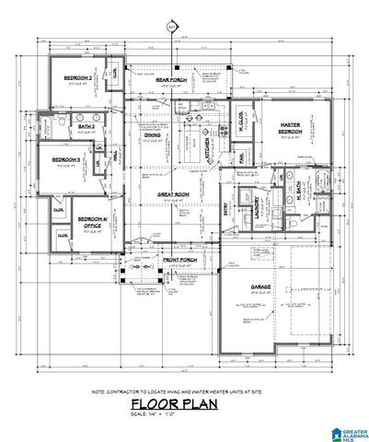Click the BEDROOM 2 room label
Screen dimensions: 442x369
76,77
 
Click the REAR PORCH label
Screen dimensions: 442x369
171,80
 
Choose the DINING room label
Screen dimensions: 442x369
153,134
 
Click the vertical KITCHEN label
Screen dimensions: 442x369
207,144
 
